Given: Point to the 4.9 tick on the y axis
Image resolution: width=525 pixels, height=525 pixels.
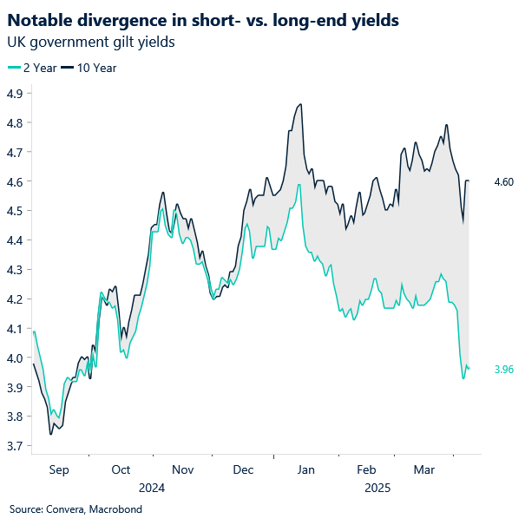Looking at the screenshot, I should (14, 94).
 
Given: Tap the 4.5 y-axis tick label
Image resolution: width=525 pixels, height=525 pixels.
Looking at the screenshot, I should (14, 211).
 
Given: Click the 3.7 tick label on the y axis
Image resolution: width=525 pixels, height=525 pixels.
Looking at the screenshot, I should (14, 447).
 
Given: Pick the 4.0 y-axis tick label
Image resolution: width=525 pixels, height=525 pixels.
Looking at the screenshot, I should (14, 358).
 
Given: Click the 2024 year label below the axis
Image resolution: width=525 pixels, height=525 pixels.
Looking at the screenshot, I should (152, 488).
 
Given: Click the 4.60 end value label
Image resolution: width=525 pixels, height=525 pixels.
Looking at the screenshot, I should (504, 182).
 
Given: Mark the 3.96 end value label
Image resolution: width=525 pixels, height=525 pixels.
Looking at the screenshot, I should (504, 370).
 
